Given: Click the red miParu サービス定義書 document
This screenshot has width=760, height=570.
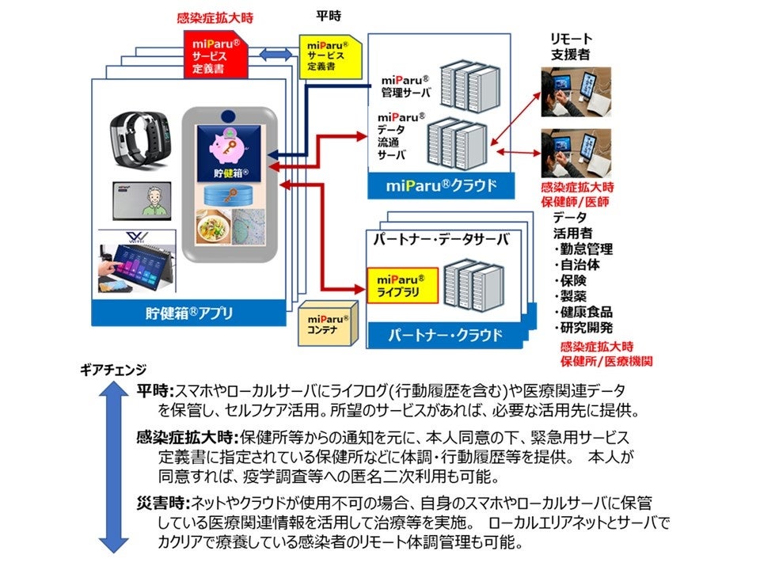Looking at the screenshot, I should (215, 53).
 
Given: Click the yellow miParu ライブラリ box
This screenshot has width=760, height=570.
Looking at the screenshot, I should (401, 286).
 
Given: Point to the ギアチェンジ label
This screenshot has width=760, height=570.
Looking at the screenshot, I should (113, 369).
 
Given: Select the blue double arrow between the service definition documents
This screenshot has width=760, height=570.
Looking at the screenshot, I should (275, 54).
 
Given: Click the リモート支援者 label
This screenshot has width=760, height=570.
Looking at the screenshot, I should (572, 46).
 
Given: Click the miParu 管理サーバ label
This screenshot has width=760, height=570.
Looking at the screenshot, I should (405, 87).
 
